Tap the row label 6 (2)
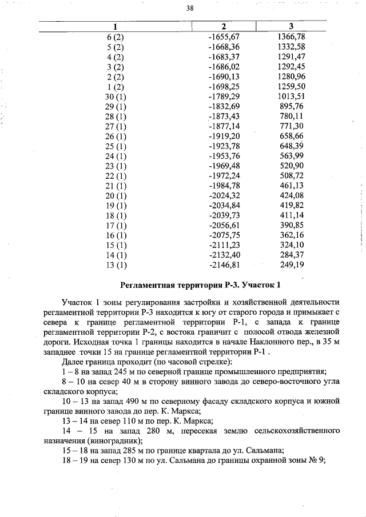(x=115, y=37)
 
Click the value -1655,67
(x=224, y=37)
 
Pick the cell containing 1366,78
(x=291, y=37)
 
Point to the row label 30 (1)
(x=115, y=96)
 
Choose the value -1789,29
(x=224, y=96)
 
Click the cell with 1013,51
(x=291, y=96)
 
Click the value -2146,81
(x=224, y=264)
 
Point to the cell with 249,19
(x=291, y=264)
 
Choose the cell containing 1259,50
(x=291, y=86)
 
